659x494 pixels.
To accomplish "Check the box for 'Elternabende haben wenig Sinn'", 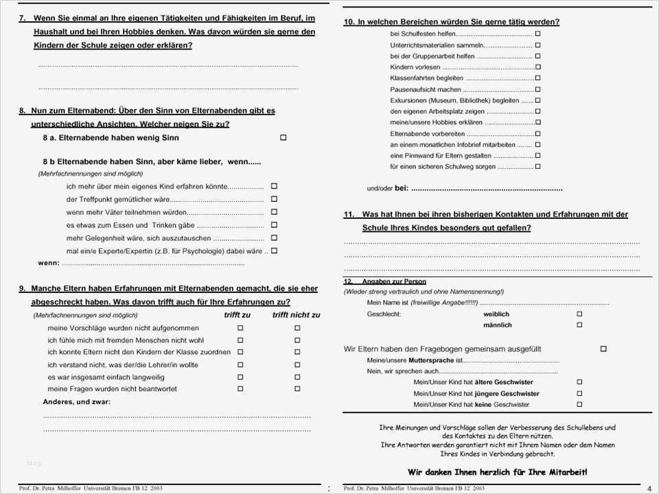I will point(283,138).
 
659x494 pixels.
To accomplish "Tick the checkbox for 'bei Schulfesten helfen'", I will point(537,34).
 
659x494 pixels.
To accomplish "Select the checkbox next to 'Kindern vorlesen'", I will point(537,67).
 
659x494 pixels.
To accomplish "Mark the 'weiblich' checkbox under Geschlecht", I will point(579,314).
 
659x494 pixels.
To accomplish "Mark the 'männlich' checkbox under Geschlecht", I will point(579,325).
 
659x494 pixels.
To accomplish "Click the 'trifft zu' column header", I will point(238,315).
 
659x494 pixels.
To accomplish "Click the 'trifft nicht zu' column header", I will point(296,315).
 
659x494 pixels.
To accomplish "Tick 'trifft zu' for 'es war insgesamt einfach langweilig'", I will point(240,377).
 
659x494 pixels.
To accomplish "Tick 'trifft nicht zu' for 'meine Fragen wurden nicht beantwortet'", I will point(297,389).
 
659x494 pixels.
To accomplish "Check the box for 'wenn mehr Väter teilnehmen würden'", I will point(274,212).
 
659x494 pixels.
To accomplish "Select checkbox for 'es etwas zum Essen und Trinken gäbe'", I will point(274,225).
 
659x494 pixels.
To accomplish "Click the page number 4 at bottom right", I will point(649,489).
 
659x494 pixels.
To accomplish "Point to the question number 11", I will point(349,214).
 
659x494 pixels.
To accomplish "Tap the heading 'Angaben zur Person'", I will point(394,281).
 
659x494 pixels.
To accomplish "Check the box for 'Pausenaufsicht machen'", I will point(537,89).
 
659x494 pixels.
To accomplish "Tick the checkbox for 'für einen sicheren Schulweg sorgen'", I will point(537,167).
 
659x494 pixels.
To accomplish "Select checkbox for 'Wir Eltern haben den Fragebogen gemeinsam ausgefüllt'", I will point(603,349).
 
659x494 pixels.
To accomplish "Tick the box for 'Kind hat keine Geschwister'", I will point(579,405).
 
